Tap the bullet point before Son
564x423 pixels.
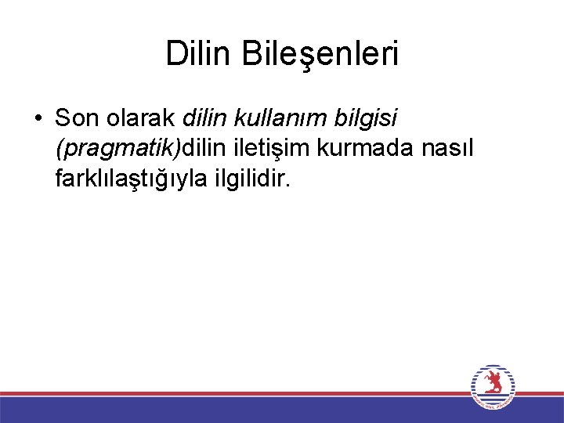tap(38, 119)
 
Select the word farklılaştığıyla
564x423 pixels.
tap(132, 179)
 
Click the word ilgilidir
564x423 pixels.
tap(248, 179)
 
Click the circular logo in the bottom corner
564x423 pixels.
tap(493, 387)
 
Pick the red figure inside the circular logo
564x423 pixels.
tap(493, 383)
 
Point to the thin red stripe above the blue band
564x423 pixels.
tap(235, 393)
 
